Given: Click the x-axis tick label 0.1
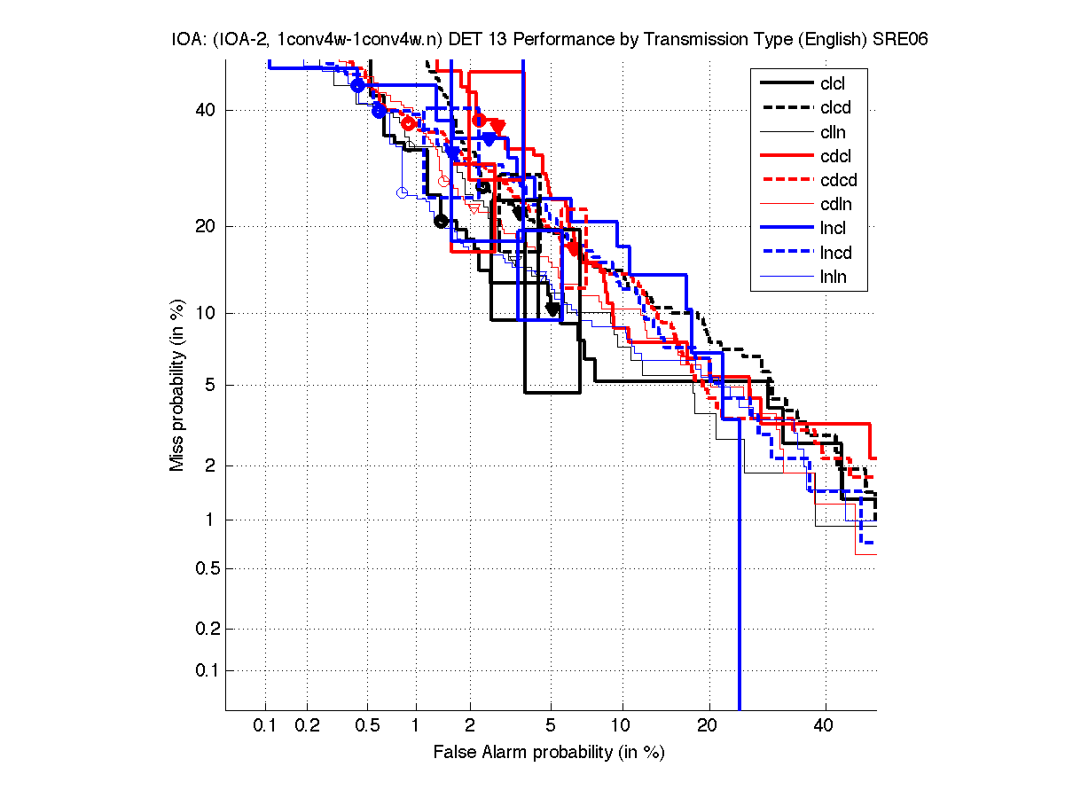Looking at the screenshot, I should coord(265,726).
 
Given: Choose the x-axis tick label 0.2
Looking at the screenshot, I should coord(308,726).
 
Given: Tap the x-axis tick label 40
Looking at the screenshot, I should coord(824,726).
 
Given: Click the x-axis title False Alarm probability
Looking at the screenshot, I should coord(549,753).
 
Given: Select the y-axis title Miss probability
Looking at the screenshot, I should coord(178,386).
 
